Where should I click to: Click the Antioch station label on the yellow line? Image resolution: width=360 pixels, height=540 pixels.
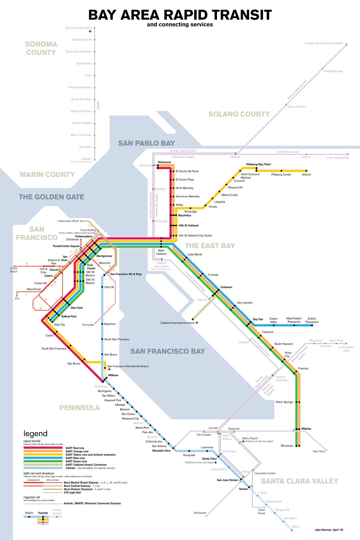(x=306, y=175)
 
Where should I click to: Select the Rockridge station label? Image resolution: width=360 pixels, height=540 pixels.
(x=190, y=212)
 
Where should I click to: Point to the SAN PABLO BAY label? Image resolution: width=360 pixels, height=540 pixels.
(x=146, y=143)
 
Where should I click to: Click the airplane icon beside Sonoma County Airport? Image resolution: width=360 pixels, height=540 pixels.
(x=90, y=31)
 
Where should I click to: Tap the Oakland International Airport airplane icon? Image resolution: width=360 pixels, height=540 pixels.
(x=197, y=323)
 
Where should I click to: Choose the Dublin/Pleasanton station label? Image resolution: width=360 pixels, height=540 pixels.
(x=312, y=320)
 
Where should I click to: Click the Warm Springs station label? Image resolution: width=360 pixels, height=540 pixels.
(x=284, y=402)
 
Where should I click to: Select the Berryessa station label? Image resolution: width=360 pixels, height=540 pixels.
(x=287, y=446)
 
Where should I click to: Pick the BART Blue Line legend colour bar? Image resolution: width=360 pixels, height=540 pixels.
(x=43, y=458)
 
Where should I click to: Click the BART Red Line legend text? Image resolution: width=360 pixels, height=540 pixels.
(x=75, y=448)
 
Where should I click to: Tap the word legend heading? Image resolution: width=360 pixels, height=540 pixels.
(x=35, y=434)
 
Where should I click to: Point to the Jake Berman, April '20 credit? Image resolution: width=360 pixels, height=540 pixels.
(x=329, y=530)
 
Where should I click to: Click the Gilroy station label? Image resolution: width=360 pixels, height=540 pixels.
(x=296, y=526)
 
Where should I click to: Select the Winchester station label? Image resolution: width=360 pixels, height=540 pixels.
(x=200, y=513)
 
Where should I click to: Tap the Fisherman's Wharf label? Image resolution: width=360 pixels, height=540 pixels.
(x=68, y=221)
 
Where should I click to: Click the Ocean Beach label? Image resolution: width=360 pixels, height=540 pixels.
(x=14, y=270)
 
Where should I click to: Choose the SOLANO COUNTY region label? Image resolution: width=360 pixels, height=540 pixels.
(x=239, y=114)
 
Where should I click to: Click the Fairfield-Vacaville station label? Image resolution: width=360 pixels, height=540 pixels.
(x=333, y=71)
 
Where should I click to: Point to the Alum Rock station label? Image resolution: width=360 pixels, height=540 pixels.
(x=319, y=451)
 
